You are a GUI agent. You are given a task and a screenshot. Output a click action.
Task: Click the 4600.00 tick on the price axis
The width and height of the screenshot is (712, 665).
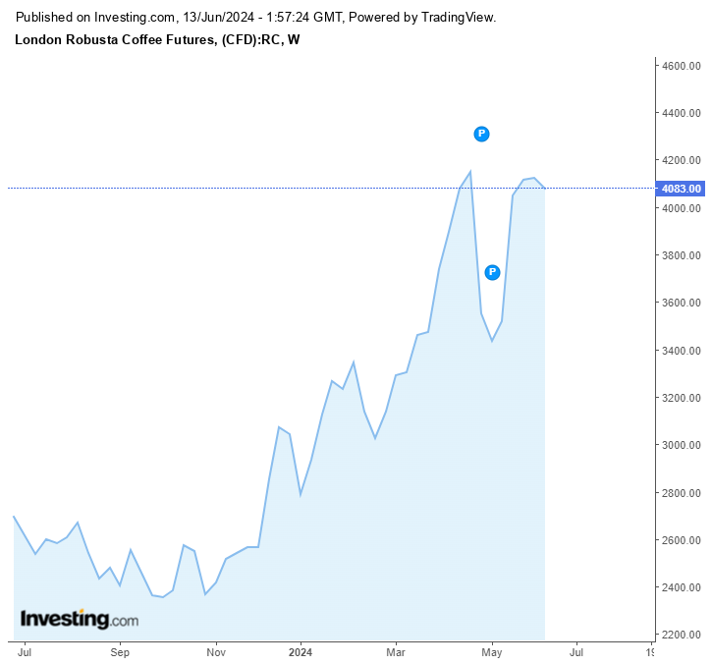(680, 66)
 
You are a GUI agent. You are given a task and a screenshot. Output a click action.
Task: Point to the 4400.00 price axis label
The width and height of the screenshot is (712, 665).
(680, 114)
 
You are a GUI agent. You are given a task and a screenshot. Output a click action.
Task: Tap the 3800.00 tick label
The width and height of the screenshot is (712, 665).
(680, 256)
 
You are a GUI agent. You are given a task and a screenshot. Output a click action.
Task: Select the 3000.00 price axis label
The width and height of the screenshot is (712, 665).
(680, 446)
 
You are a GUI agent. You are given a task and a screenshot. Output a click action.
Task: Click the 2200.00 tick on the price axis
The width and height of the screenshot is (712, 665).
(680, 636)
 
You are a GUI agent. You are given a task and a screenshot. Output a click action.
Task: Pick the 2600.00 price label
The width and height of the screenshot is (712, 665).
(680, 541)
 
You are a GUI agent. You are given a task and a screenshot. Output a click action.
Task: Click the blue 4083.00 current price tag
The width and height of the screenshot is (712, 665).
(680, 189)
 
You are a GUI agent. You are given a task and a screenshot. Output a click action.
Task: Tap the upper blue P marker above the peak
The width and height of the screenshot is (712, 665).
(481, 134)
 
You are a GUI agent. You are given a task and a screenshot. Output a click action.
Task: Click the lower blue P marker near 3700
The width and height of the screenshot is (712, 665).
(493, 272)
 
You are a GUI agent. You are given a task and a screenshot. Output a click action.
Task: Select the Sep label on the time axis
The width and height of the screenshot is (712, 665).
(120, 651)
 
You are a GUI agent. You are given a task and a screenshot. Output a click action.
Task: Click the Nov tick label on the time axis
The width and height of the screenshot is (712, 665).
(216, 651)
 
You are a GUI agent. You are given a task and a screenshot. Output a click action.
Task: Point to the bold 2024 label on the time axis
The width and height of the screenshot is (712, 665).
(301, 651)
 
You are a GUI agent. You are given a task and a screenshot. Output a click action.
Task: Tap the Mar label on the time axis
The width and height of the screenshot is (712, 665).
(396, 651)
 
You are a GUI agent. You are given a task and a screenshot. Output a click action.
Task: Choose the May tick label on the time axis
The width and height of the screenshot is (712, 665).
(492, 651)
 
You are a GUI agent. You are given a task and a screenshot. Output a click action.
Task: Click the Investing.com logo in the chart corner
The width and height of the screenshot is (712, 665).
(80, 620)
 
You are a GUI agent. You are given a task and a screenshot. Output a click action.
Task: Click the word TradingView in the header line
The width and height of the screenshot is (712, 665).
(458, 18)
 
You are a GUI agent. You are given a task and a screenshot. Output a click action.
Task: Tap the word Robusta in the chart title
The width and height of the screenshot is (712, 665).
(96, 39)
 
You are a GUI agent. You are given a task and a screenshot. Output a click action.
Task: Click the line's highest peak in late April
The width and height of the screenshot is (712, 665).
(470, 172)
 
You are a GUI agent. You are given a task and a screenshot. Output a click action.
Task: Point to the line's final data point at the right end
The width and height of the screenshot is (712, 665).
(544, 188)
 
